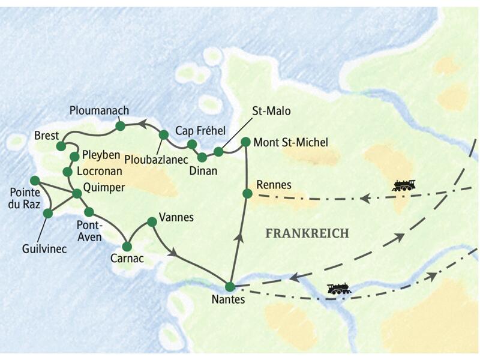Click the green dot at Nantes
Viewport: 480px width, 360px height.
click(x=230, y=287)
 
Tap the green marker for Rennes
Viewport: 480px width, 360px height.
click(x=247, y=193)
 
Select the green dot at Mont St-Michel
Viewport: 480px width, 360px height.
click(x=245, y=142)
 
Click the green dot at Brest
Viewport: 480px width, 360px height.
click(x=61, y=146)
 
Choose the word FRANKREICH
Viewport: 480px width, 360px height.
click(x=307, y=233)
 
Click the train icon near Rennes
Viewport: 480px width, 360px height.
click(x=404, y=185)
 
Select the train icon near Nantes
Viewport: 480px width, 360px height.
click(x=339, y=289)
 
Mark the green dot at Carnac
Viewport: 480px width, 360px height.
click(x=127, y=247)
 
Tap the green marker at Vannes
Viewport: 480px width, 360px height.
click(x=152, y=222)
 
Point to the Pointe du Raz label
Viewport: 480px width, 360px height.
click(x=25, y=200)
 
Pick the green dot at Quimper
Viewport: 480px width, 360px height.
click(x=77, y=193)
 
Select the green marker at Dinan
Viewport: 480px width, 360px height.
click(x=202, y=157)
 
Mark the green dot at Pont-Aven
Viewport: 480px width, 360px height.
click(x=89, y=212)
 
